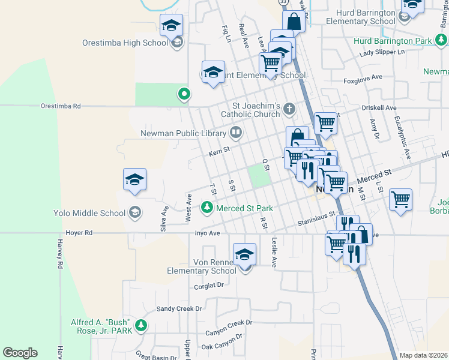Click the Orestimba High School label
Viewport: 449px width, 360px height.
pos(125,43)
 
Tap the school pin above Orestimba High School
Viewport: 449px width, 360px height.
pos(172,25)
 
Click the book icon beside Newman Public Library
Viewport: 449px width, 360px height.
pos(237,133)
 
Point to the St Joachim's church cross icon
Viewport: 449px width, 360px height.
pos(289,109)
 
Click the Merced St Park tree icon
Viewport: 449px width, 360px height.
pos(207,208)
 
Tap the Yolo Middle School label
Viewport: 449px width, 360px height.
pos(89,213)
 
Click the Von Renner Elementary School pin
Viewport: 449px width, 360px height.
pos(244,254)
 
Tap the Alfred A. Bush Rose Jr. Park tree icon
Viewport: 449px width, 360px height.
pos(140,325)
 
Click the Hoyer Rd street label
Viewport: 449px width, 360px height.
pos(79,233)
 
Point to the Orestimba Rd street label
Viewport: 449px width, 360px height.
pos(60,106)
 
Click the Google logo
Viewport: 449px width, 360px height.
pos(20,353)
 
